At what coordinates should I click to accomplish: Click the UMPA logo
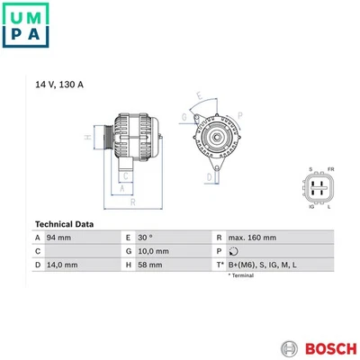[x=25, y=25]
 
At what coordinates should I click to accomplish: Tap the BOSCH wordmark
[x=331, y=349]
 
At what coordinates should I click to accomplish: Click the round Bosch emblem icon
[x=290, y=349]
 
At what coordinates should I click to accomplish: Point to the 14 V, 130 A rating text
[x=59, y=85]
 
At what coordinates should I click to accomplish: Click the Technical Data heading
[x=64, y=224]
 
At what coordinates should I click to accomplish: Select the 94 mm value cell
[x=58, y=238]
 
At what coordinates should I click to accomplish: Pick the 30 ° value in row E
[x=145, y=238]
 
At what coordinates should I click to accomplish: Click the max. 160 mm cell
[x=252, y=238]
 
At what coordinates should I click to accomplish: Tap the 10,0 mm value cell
[x=153, y=251]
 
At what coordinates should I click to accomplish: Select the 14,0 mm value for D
[x=62, y=265]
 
